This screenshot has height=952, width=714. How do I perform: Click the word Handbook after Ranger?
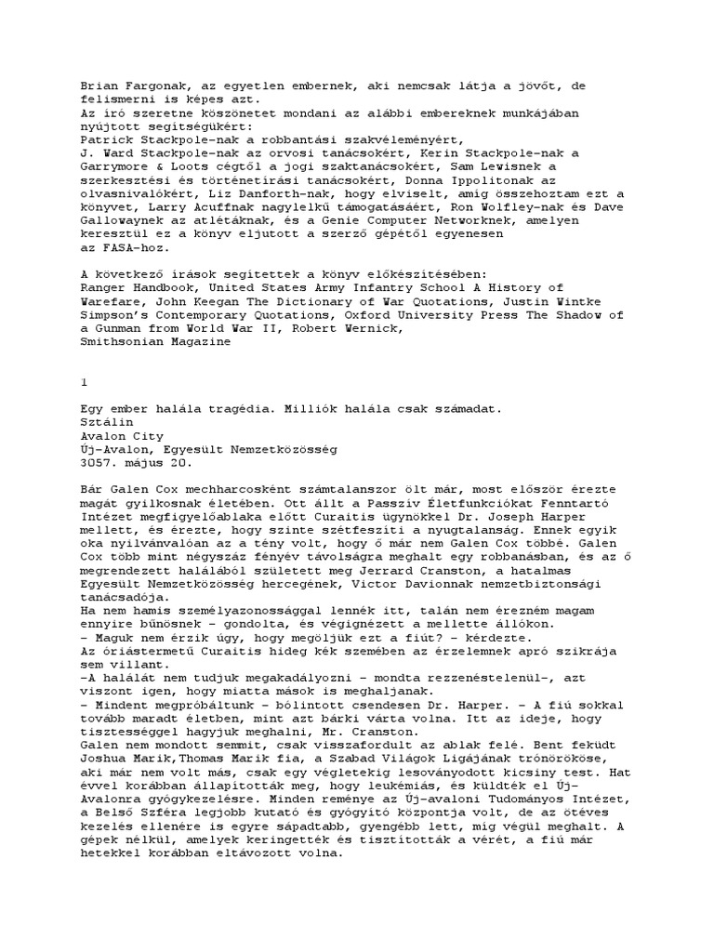(x=162, y=288)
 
